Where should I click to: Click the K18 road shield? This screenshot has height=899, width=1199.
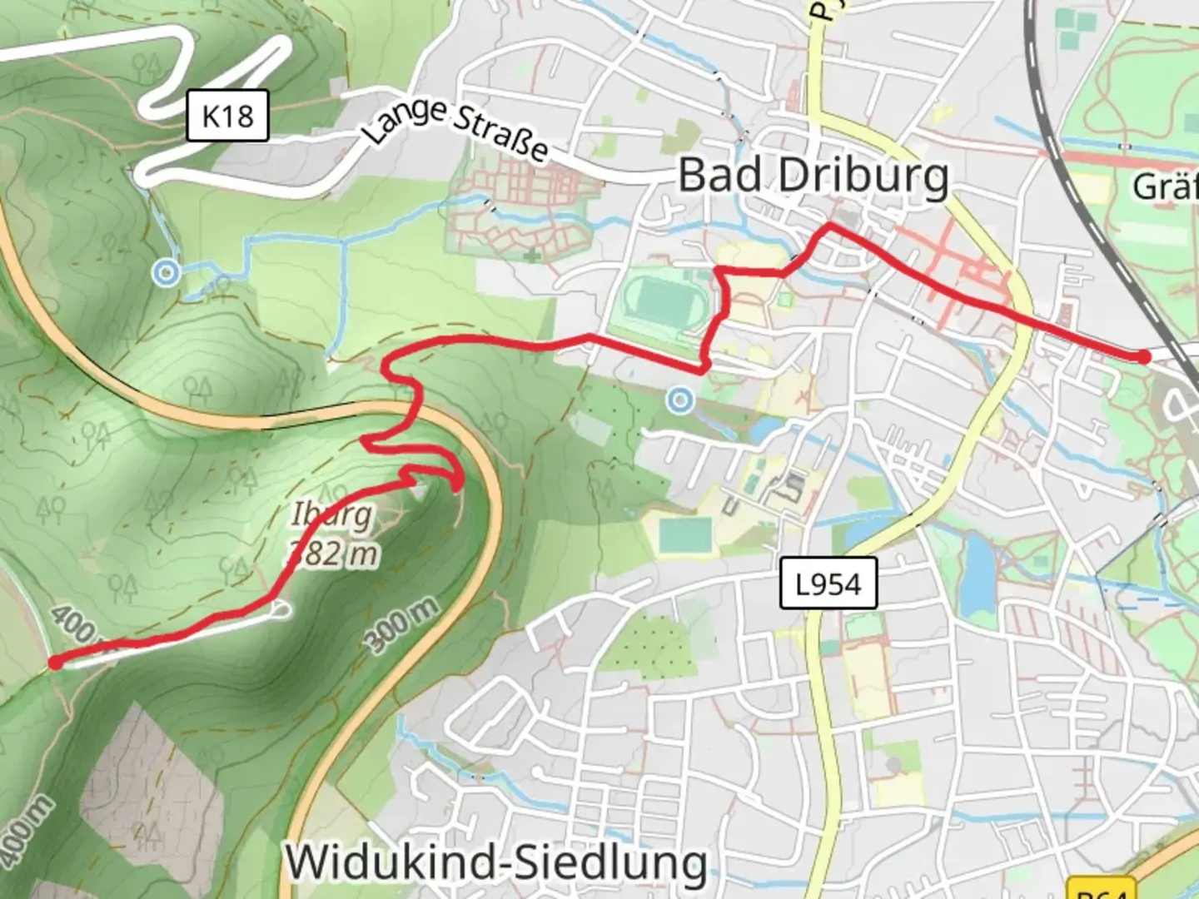pos(227,116)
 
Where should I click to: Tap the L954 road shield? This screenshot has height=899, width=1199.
pos(828,584)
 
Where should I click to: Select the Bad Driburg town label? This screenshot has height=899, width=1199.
pos(813,176)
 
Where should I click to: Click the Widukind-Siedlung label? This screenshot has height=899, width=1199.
pos(496,862)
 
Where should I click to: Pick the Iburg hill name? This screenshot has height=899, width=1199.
pos(331,514)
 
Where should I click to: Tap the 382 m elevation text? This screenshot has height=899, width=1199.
pos(333,552)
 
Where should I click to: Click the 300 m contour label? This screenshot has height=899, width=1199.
pos(402,624)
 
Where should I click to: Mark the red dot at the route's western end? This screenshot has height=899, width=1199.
pos(55,663)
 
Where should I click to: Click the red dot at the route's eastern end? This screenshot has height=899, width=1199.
pos(1144,357)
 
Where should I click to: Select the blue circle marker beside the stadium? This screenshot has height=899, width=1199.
pos(680,400)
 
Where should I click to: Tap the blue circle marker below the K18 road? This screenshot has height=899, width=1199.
pos(167,272)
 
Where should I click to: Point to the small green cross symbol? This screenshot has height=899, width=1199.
pos(532,255)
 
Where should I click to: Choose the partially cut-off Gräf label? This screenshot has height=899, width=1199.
pos(1165,186)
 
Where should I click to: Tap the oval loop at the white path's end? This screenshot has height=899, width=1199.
pos(281,611)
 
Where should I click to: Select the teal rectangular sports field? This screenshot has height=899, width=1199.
pos(685,536)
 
